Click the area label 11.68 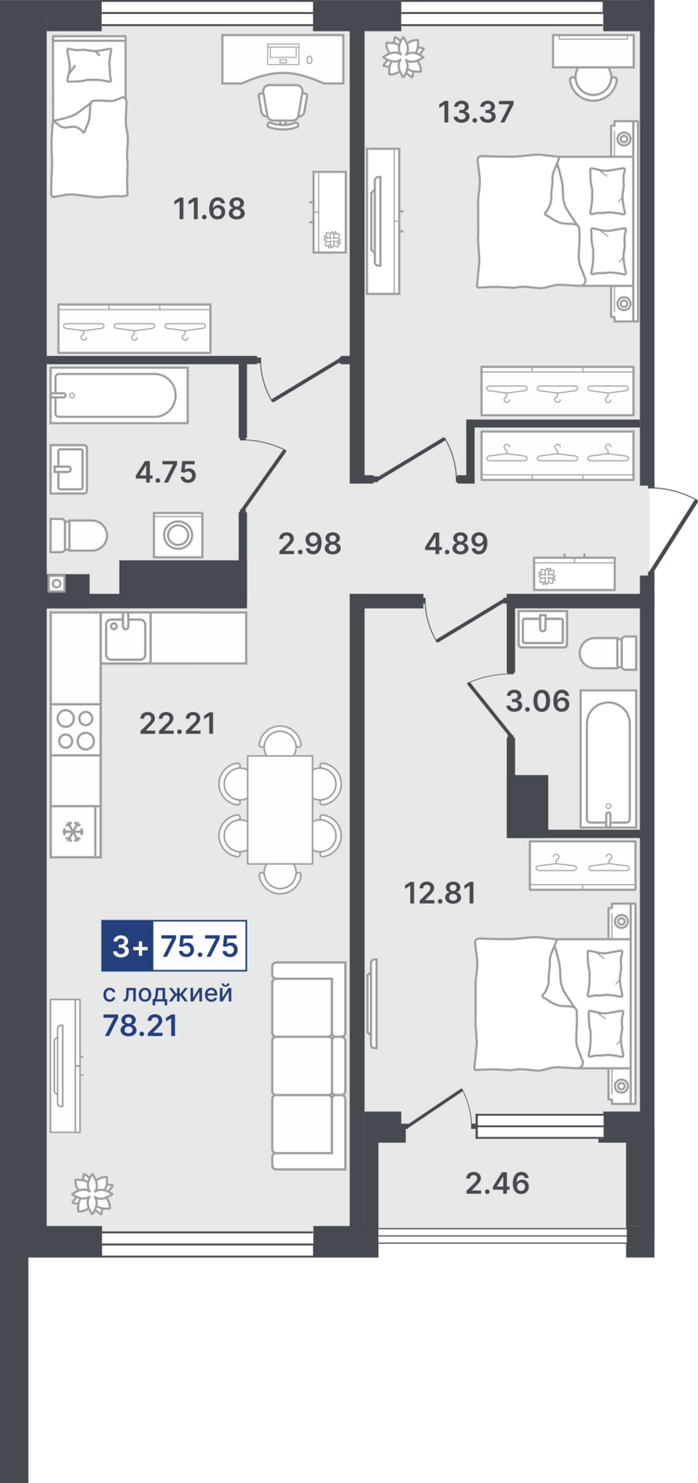209,209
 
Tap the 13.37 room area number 476,112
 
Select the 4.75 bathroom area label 166,473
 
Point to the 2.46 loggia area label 498,1183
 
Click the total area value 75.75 200,946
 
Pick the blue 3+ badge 128,946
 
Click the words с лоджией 168,993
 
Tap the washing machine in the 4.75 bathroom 178,535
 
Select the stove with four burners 75,729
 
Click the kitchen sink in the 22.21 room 126,637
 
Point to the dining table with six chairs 280,809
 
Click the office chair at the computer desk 283,107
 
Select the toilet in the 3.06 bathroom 608,653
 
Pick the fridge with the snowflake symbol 75,830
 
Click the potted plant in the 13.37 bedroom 402,56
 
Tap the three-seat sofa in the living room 309,1065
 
